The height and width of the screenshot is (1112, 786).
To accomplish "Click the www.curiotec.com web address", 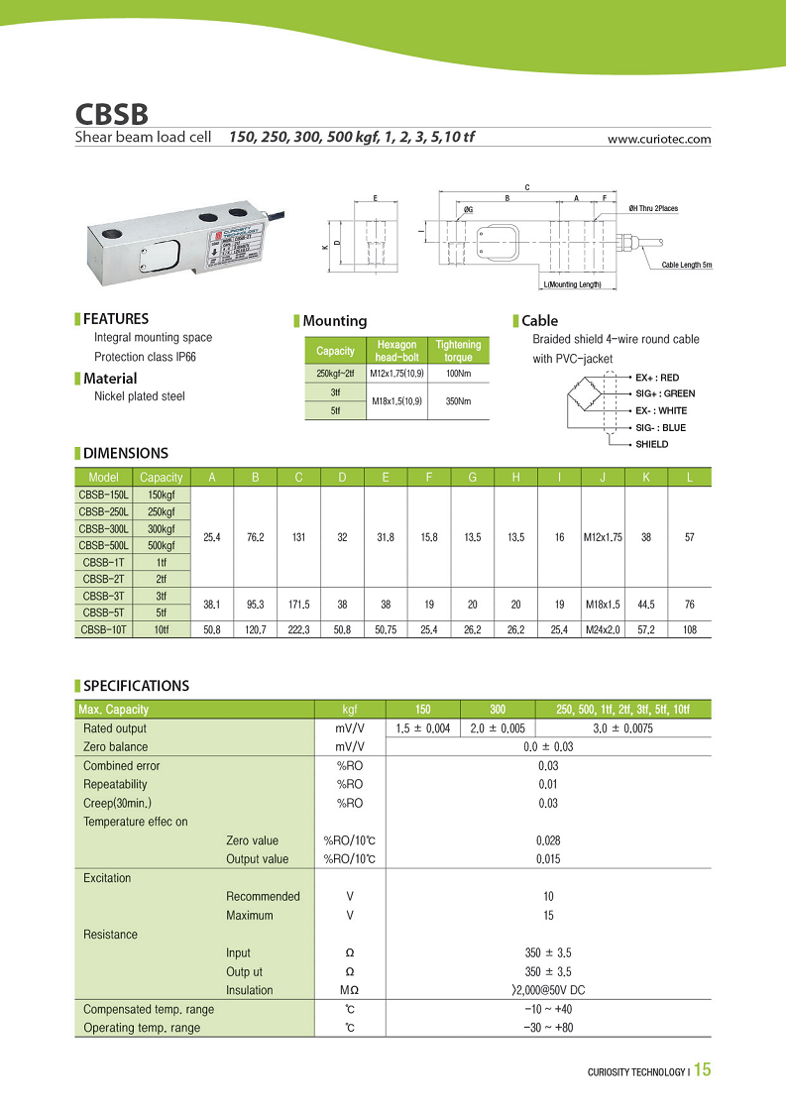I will tap(658, 140).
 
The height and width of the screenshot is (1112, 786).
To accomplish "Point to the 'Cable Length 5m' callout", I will tap(687, 266).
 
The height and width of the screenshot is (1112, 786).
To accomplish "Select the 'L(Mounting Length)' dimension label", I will tap(572, 285).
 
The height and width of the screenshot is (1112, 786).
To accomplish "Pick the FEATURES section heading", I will tap(116, 319).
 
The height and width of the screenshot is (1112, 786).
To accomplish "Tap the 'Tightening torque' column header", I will tap(458, 351).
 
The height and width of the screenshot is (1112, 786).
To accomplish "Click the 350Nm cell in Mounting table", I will tap(458, 400).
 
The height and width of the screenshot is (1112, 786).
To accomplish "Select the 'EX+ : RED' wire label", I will tap(657, 378).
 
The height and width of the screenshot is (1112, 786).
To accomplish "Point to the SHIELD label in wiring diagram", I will tap(651, 444).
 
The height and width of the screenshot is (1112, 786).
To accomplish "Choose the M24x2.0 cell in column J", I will tap(604, 628).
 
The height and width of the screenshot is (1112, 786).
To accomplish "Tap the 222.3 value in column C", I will tap(298, 628).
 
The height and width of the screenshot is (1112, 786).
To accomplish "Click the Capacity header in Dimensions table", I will tap(161, 478).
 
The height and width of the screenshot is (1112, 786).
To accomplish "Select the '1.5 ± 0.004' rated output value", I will tap(422, 728).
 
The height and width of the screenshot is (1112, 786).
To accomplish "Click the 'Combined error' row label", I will tap(121, 766).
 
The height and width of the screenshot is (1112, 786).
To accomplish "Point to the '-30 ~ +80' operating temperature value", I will tap(547, 1028).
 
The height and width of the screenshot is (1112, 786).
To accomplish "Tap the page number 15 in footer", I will tap(702, 1070).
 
